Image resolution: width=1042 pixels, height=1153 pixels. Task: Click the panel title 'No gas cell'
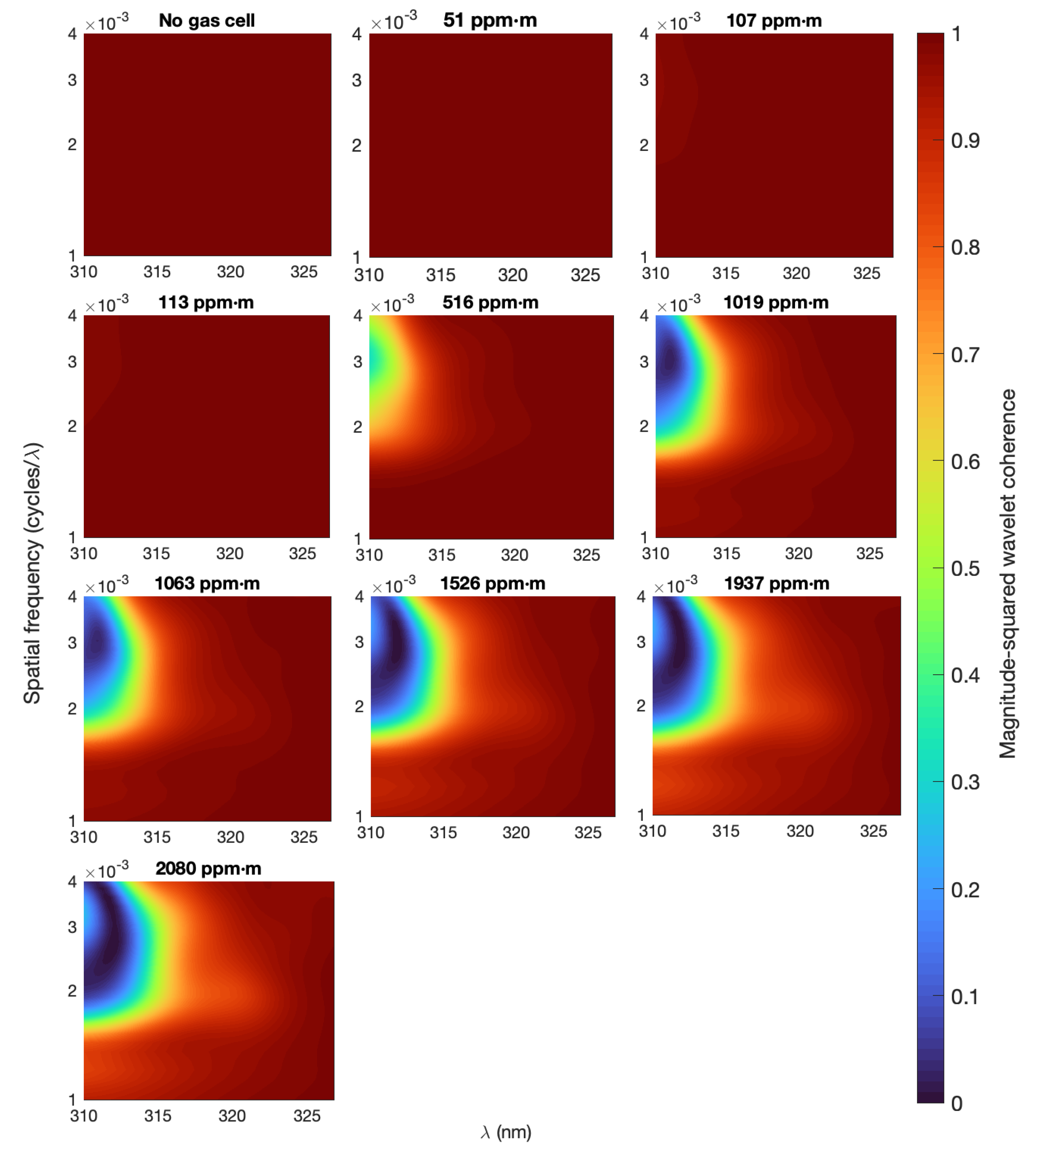207,21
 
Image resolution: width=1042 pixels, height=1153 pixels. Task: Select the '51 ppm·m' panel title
490,21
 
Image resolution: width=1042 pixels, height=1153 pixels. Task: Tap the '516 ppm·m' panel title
490,302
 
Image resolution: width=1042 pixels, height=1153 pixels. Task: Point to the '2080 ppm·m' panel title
208,868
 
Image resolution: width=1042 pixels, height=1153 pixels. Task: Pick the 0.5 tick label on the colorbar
965,568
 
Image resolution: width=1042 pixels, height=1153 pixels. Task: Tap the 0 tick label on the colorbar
957,1103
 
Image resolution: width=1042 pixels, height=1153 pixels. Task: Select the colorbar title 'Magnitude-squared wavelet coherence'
1007,573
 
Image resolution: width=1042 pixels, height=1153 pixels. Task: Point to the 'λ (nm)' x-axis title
505,1132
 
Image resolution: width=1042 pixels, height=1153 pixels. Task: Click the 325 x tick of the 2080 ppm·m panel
307,1116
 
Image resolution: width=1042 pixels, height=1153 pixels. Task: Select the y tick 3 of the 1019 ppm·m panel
644,362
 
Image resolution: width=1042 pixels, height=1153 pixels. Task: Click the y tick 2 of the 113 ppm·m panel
72,426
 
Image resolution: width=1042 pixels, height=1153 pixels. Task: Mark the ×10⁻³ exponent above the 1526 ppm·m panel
394,585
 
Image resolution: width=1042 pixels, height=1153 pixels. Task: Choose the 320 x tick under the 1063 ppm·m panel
230,837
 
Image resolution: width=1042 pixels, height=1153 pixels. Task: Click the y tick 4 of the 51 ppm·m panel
357,34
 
